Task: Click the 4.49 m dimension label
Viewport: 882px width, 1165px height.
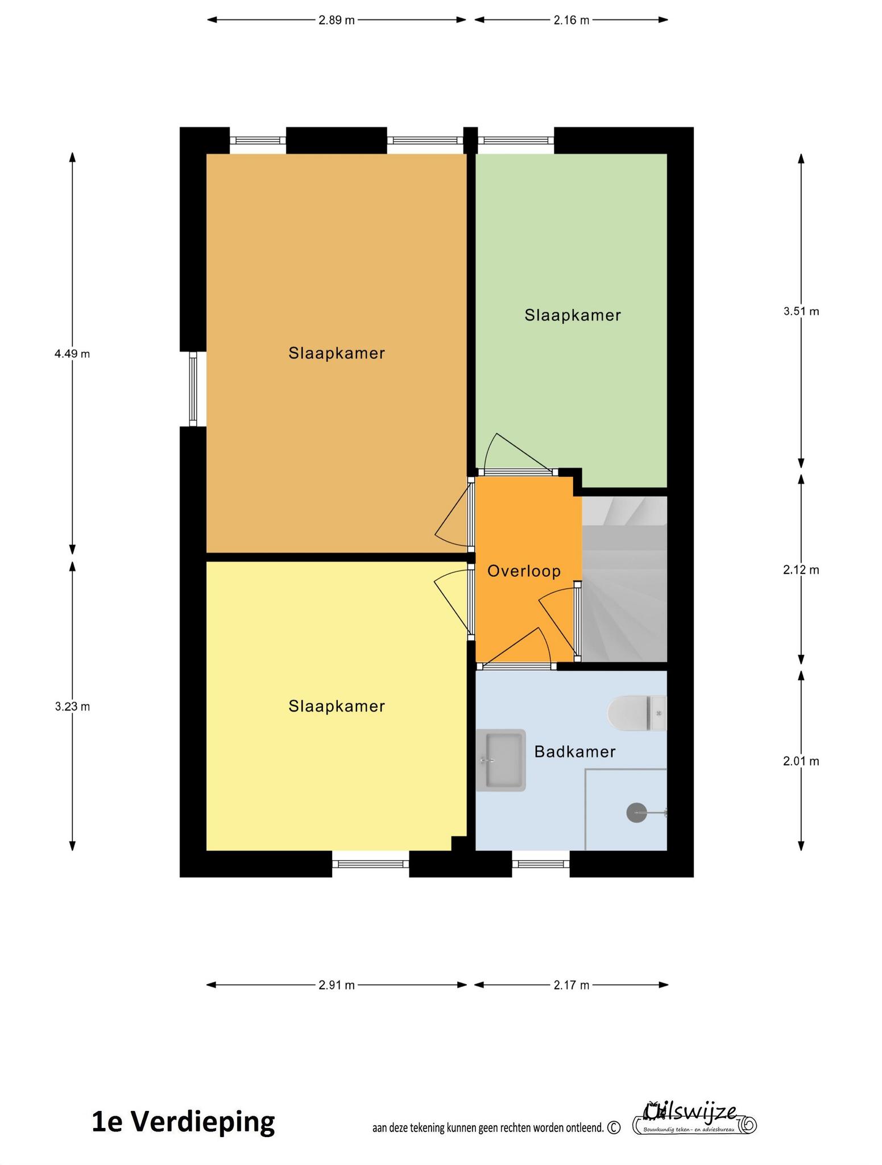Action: pyautogui.click(x=72, y=354)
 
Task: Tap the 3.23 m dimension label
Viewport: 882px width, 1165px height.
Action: pyautogui.click(x=72, y=707)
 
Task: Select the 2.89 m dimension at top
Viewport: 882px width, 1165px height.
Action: pyautogui.click(x=337, y=20)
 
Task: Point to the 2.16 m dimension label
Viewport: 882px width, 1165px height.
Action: pyautogui.click(x=572, y=20)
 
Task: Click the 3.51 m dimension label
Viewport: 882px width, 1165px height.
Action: pyautogui.click(x=801, y=311)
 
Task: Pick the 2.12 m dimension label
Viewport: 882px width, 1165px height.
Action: pyautogui.click(x=801, y=569)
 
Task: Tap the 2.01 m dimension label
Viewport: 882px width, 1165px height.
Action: pyautogui.click(x=801, y=761)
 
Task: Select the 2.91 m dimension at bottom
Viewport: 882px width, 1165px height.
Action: pyautogui.click(x=337, y=985)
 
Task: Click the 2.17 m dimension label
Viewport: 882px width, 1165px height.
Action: pyautogui.click(x=572, y=985)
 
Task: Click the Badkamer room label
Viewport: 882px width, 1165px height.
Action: pyautogui.click(x=575, y=751)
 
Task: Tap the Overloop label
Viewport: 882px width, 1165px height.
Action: pyautogui.click(x=524, y=571)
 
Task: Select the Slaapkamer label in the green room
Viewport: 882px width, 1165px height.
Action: pyautogui.click(x=573, y=315)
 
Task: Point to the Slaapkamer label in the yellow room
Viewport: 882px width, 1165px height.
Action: pyautogui.click(x=337, y=706)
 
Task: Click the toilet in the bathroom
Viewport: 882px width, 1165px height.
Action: pyautogui.click(x=637, y=713)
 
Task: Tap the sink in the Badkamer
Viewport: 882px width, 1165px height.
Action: pyautogui.click(x=500, y=760)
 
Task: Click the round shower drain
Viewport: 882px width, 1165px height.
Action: pyautogui.click(x=636, y=813)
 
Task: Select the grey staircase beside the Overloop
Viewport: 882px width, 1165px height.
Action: pyautogui.click(x=624, y=579)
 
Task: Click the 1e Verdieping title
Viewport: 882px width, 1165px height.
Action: pyautogui.click(x=183, y=1122)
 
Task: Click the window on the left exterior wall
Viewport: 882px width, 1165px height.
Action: pyautogui.click(x=193, y=389)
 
